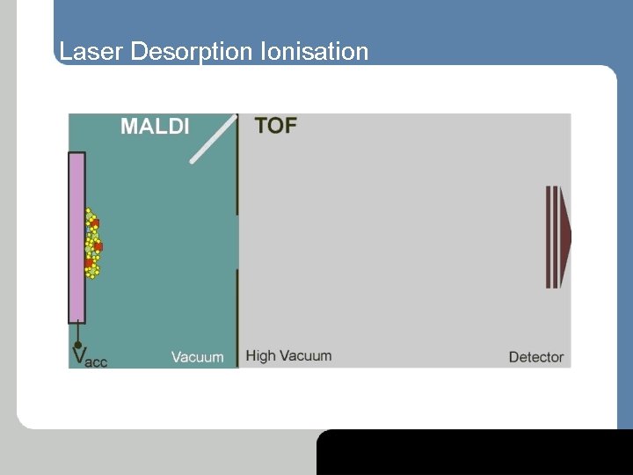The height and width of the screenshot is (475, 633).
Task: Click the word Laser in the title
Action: pos(91,52)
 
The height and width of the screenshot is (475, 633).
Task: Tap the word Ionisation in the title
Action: pos(315,52)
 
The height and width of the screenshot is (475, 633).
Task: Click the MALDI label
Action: pos(155,126)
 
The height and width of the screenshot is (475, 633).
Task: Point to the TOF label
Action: pos(275,125)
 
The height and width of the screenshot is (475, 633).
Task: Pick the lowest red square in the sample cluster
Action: pos(91,263)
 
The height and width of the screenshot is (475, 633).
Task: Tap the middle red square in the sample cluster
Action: pos(97,246)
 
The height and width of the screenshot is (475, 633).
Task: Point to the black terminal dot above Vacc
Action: pos(77,344)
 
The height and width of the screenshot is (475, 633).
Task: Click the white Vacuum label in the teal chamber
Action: pos(197,357)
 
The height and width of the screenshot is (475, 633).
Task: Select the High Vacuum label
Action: pos(288,356)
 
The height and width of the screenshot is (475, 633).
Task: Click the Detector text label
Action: pos(535,357)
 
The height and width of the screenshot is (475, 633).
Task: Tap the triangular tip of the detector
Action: pos(567,237)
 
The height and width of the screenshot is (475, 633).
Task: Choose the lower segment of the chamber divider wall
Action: pos(237,317)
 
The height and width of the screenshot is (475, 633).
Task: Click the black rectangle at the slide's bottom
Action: pos(475,452)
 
